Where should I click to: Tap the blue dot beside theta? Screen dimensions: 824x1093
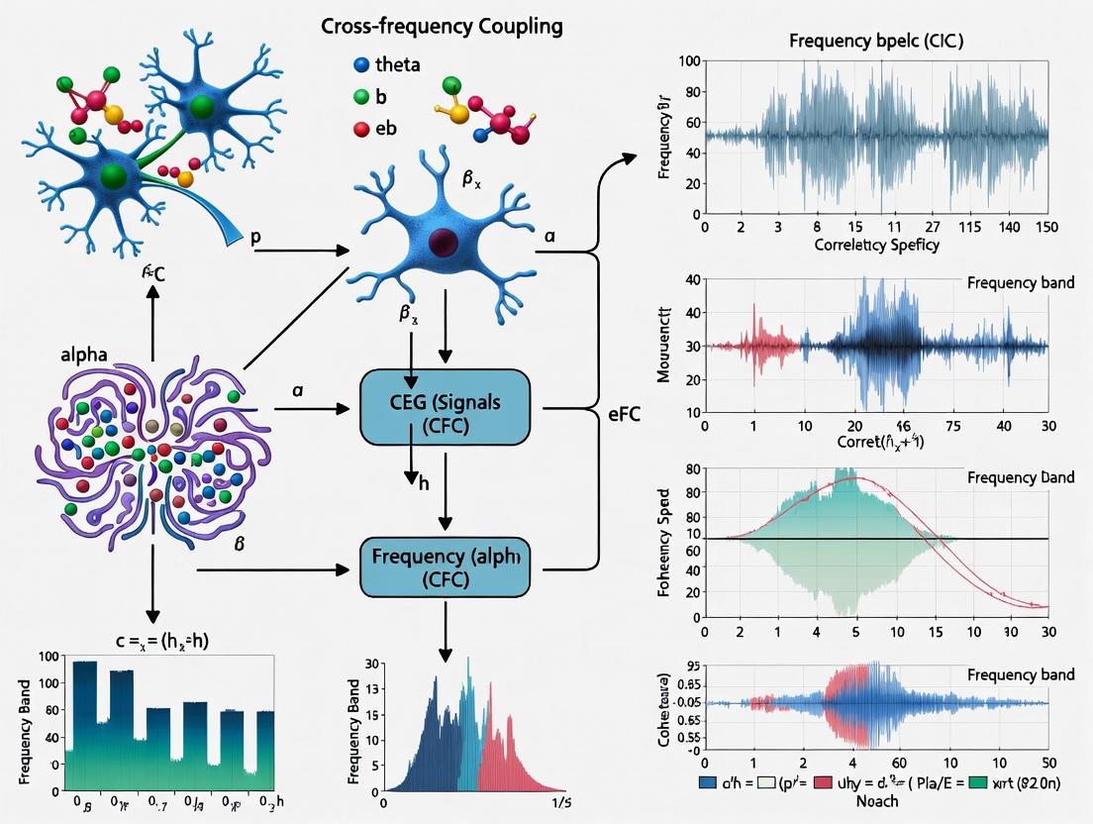click(360, 64)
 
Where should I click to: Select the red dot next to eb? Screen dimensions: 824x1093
click(360, 129)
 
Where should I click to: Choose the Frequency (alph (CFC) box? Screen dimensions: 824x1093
click(445, 567)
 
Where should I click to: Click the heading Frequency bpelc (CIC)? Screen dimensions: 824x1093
click(876, 42)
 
